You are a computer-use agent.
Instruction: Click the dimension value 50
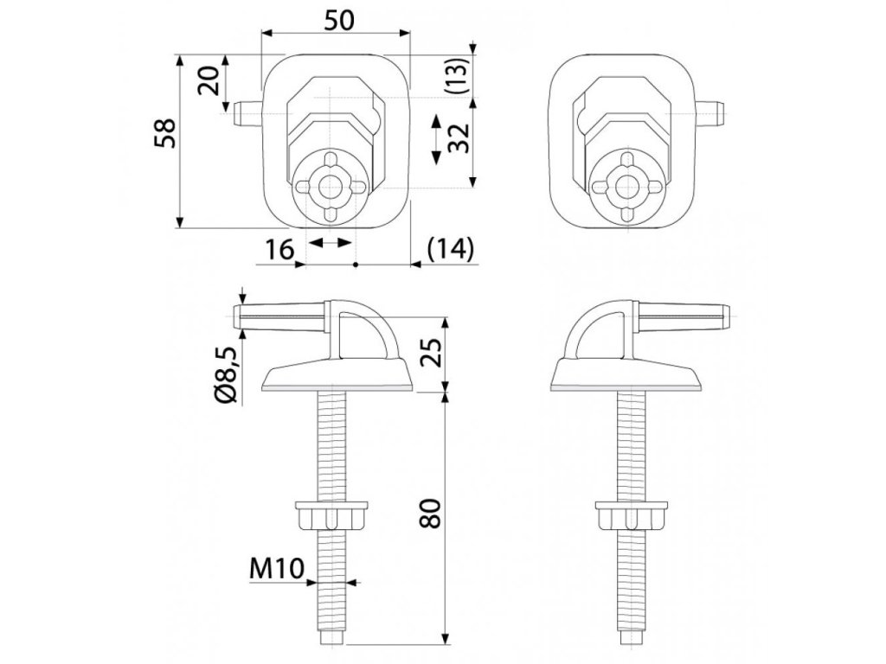click(x=337, y=21)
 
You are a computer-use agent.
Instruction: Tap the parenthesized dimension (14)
click(x=452, y=250)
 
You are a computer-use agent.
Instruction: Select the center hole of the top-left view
click(x=330, y=185)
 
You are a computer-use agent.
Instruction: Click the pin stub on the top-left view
click(x=247, y=113)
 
